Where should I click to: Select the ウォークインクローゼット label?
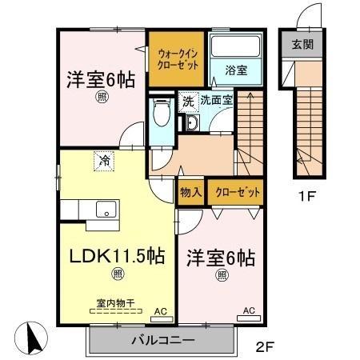click(x=176, y=57)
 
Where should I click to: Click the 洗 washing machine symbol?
click(x=188, y=102)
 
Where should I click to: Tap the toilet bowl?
click(x=161, y=112)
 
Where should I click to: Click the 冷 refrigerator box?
click(x=105, y=161)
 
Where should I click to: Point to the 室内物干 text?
click(x=115, y=302)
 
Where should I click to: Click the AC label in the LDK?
click(x=159, y=310)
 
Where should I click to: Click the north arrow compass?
click(x=31, y=339)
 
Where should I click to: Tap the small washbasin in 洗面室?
click(x=192, y=122)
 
